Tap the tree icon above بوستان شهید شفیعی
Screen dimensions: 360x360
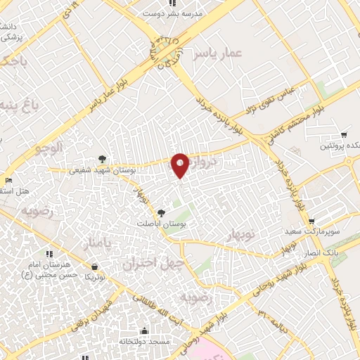point(103,159)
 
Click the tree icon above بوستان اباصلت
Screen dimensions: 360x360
point(162,212)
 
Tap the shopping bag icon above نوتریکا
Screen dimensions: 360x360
point(95,266)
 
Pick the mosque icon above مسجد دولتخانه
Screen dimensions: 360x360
point(145,330)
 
